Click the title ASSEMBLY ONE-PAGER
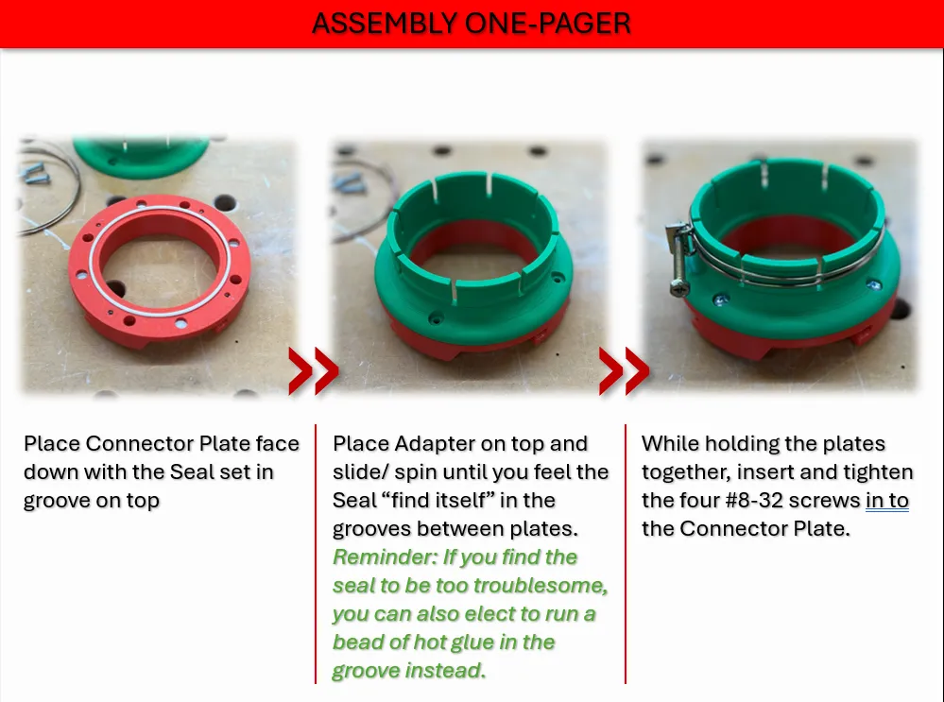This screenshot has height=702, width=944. pyautogui.click(x=471, y=23)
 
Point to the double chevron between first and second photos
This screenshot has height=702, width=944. pyautogui.click(x=313, y=370)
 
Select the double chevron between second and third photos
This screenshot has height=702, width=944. pyautogui.click(x=624, y=370)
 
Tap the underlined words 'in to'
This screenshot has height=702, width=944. pyautogui.click(x=886, y=500)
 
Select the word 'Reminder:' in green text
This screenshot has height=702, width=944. pyautogui.click(x=386, y=556)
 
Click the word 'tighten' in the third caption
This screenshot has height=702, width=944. pyautogui.click(x=877, y=471)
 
